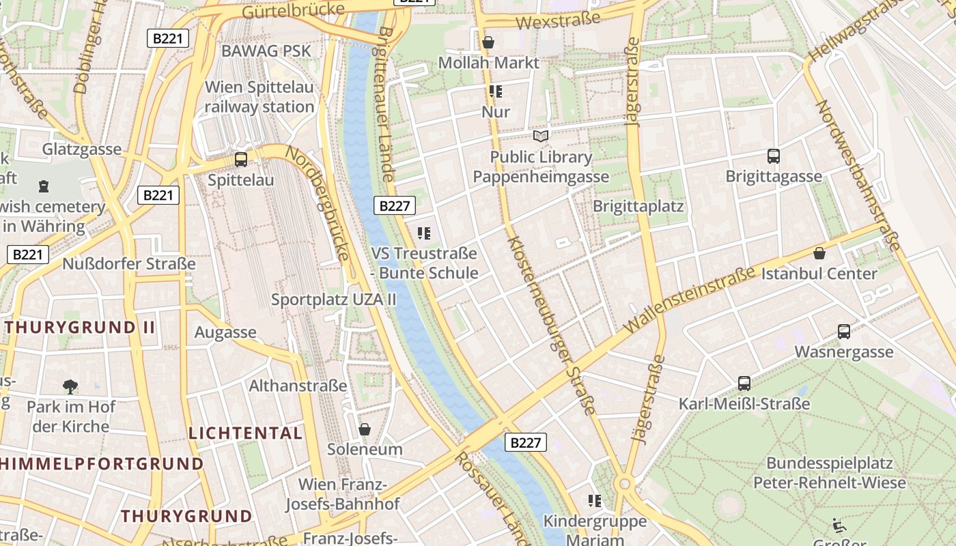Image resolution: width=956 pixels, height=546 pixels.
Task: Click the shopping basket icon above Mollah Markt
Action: coord(488,42)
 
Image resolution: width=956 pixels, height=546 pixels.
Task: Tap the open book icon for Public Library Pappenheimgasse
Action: coord(541,136)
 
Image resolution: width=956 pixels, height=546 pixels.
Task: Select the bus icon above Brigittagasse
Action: coord(773,156)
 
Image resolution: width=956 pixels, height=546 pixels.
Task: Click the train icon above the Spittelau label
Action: coord(241,160)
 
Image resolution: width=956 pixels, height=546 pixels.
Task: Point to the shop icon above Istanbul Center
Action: coord(819,254)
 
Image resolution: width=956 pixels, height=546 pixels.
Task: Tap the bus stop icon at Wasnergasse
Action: coord(844,332)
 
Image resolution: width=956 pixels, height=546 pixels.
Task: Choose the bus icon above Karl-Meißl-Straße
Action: coord(744,384)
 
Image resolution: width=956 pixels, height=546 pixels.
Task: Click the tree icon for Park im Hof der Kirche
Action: coord(70,387)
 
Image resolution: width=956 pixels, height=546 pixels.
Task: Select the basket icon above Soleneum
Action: coord(365,429)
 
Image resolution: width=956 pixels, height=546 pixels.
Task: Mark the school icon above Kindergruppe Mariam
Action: coord(595,501)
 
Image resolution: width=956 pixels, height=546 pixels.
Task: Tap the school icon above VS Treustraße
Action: coord(424,233)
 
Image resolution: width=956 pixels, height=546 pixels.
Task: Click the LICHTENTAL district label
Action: coord(245,433)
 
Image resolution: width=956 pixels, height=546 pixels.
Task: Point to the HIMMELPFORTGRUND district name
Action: coord(101,464)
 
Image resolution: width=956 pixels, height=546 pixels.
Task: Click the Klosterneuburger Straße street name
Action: coord(552,325)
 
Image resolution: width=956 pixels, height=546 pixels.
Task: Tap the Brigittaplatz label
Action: coord(638,206)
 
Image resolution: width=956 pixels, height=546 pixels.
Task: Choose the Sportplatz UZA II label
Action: coord(334,300)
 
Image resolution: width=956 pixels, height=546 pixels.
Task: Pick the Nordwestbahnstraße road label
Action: coord(859,175)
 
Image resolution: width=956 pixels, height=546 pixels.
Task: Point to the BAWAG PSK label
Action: coord(266,51)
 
